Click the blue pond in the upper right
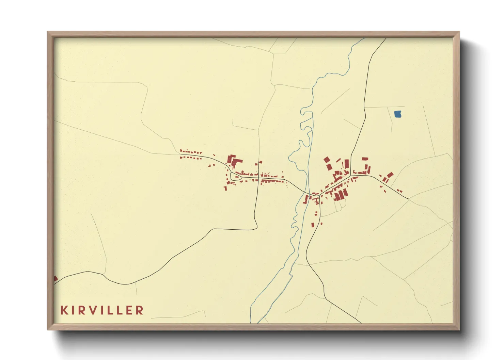[x=398, y=114]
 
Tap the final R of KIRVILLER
[x=139, y=310]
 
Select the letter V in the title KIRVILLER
[x=94, y=310]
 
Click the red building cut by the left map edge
[x=56, y=279]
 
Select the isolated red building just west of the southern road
[x=313, y=225]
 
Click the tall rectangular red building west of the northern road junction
[x=347, y=164]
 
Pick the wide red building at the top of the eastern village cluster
[x=365, y=159]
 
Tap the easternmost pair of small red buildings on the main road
[x=399, y=191]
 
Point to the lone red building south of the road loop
[x=225, y=188]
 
